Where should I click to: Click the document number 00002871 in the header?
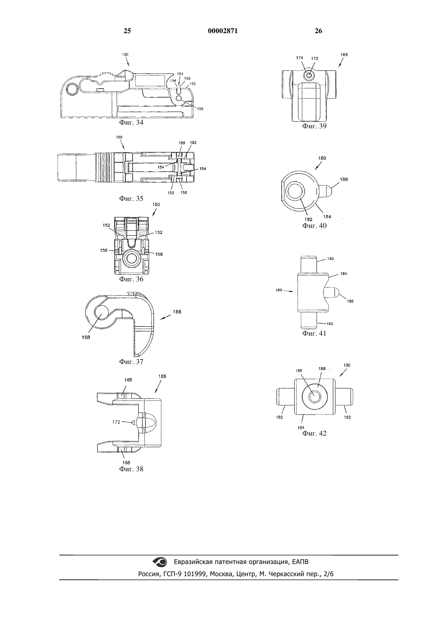click(223, 31)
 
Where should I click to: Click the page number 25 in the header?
click(127, 31)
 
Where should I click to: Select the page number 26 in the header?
click(318, 31)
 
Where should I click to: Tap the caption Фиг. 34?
click(131, 122)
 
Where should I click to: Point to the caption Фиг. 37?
click(131, 362)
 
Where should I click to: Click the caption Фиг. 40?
click(314, 226)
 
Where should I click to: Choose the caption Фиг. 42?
click(314, 433)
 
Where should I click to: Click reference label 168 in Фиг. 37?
click(86, 337)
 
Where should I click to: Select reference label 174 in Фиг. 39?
click(300, 58)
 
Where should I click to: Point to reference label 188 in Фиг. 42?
click(322, 369)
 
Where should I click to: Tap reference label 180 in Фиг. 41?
click(279, 290)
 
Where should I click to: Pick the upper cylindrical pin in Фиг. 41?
click(309, 264)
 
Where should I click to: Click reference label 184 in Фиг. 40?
click(327, 217)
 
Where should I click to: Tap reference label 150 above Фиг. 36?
click(156, 204)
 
